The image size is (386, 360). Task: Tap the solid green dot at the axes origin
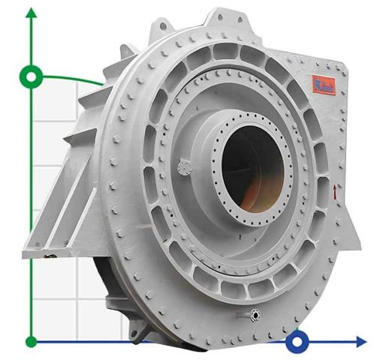(31, 341)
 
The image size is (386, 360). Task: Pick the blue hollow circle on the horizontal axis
(298, 342)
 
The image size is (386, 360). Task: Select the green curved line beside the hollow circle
(75, 77)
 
